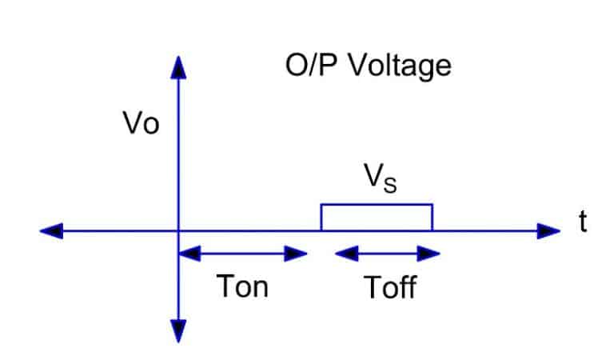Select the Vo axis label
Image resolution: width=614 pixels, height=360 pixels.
pyautogui.click(x=142, y=126)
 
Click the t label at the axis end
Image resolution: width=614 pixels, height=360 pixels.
pyautogui.click(x=583, y=223)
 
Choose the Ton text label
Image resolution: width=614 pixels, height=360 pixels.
pyautogui.click(x=243, y=286)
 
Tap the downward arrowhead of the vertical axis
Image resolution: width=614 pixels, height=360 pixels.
pyautogui.click(x=178, y=331)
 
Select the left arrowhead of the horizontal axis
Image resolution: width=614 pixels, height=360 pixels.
pyautogui.click(x=50, y=231)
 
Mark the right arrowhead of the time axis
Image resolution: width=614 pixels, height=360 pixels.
pyautogui.click(x=549, y=231)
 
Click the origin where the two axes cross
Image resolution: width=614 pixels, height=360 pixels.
pyautogui.click(x=178, y=231)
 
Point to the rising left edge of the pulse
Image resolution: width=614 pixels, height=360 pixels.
pyautogui.click(x=321, y=218)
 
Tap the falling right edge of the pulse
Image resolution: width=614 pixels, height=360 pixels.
pyautogui.click(x=433, y=218)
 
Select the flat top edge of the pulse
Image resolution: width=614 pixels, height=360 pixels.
pyautogui.click(x=377, y=205)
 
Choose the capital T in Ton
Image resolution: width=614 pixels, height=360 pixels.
pyautogui.click(x=226, y=286)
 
